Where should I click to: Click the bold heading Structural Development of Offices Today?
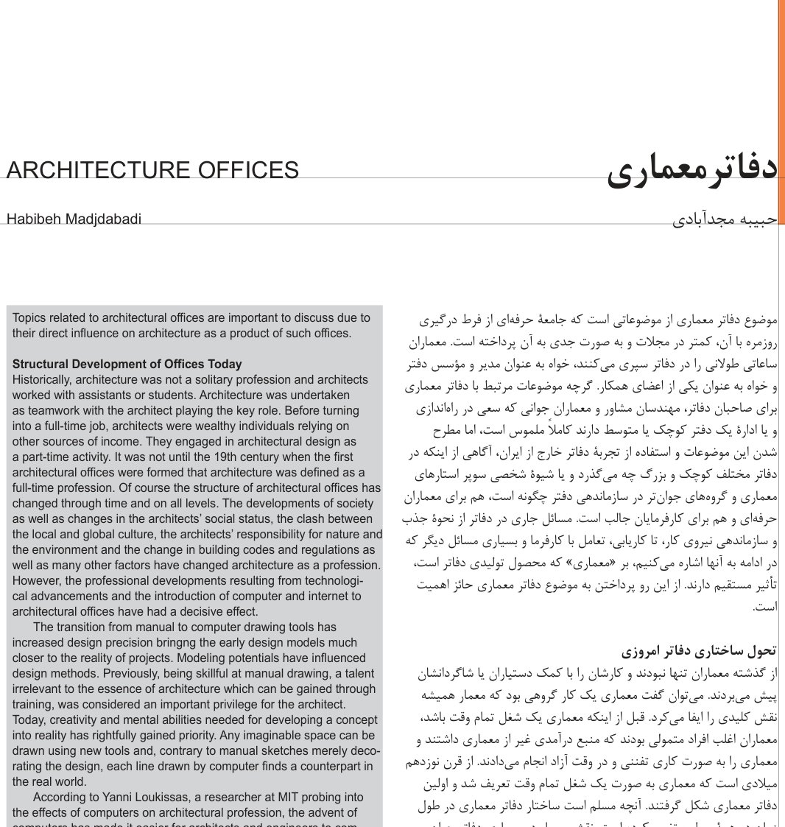tap(127, 364)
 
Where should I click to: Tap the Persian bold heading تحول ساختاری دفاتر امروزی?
tap(699, 652)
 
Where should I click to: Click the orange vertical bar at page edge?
tap(781, 110)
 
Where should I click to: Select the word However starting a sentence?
tap(37, 580)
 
